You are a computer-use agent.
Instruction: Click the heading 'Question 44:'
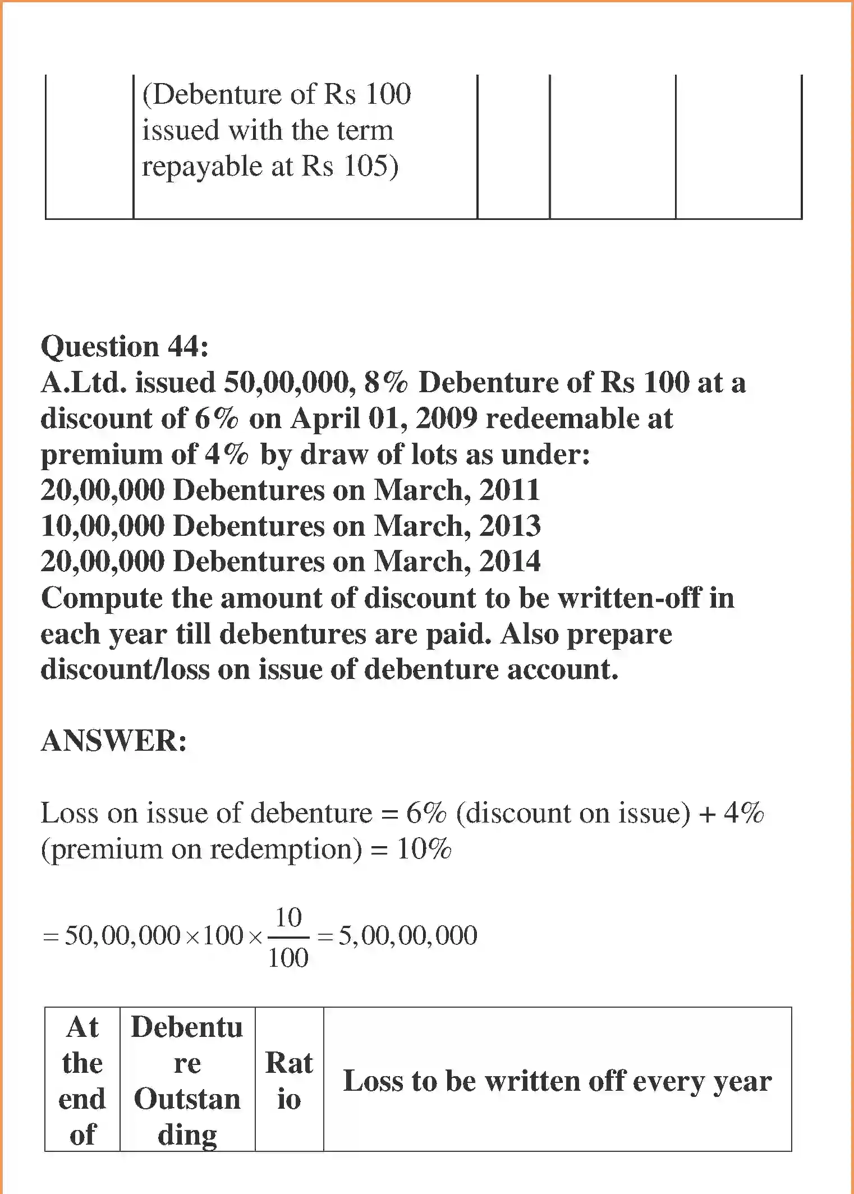125,346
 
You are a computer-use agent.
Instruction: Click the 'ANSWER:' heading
114,741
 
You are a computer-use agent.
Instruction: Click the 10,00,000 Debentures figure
102,526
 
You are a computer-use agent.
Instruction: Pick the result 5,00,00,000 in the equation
407,935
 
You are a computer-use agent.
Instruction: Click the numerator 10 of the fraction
288,917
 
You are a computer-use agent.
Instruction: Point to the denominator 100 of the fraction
288,957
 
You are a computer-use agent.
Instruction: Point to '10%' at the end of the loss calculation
424,849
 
